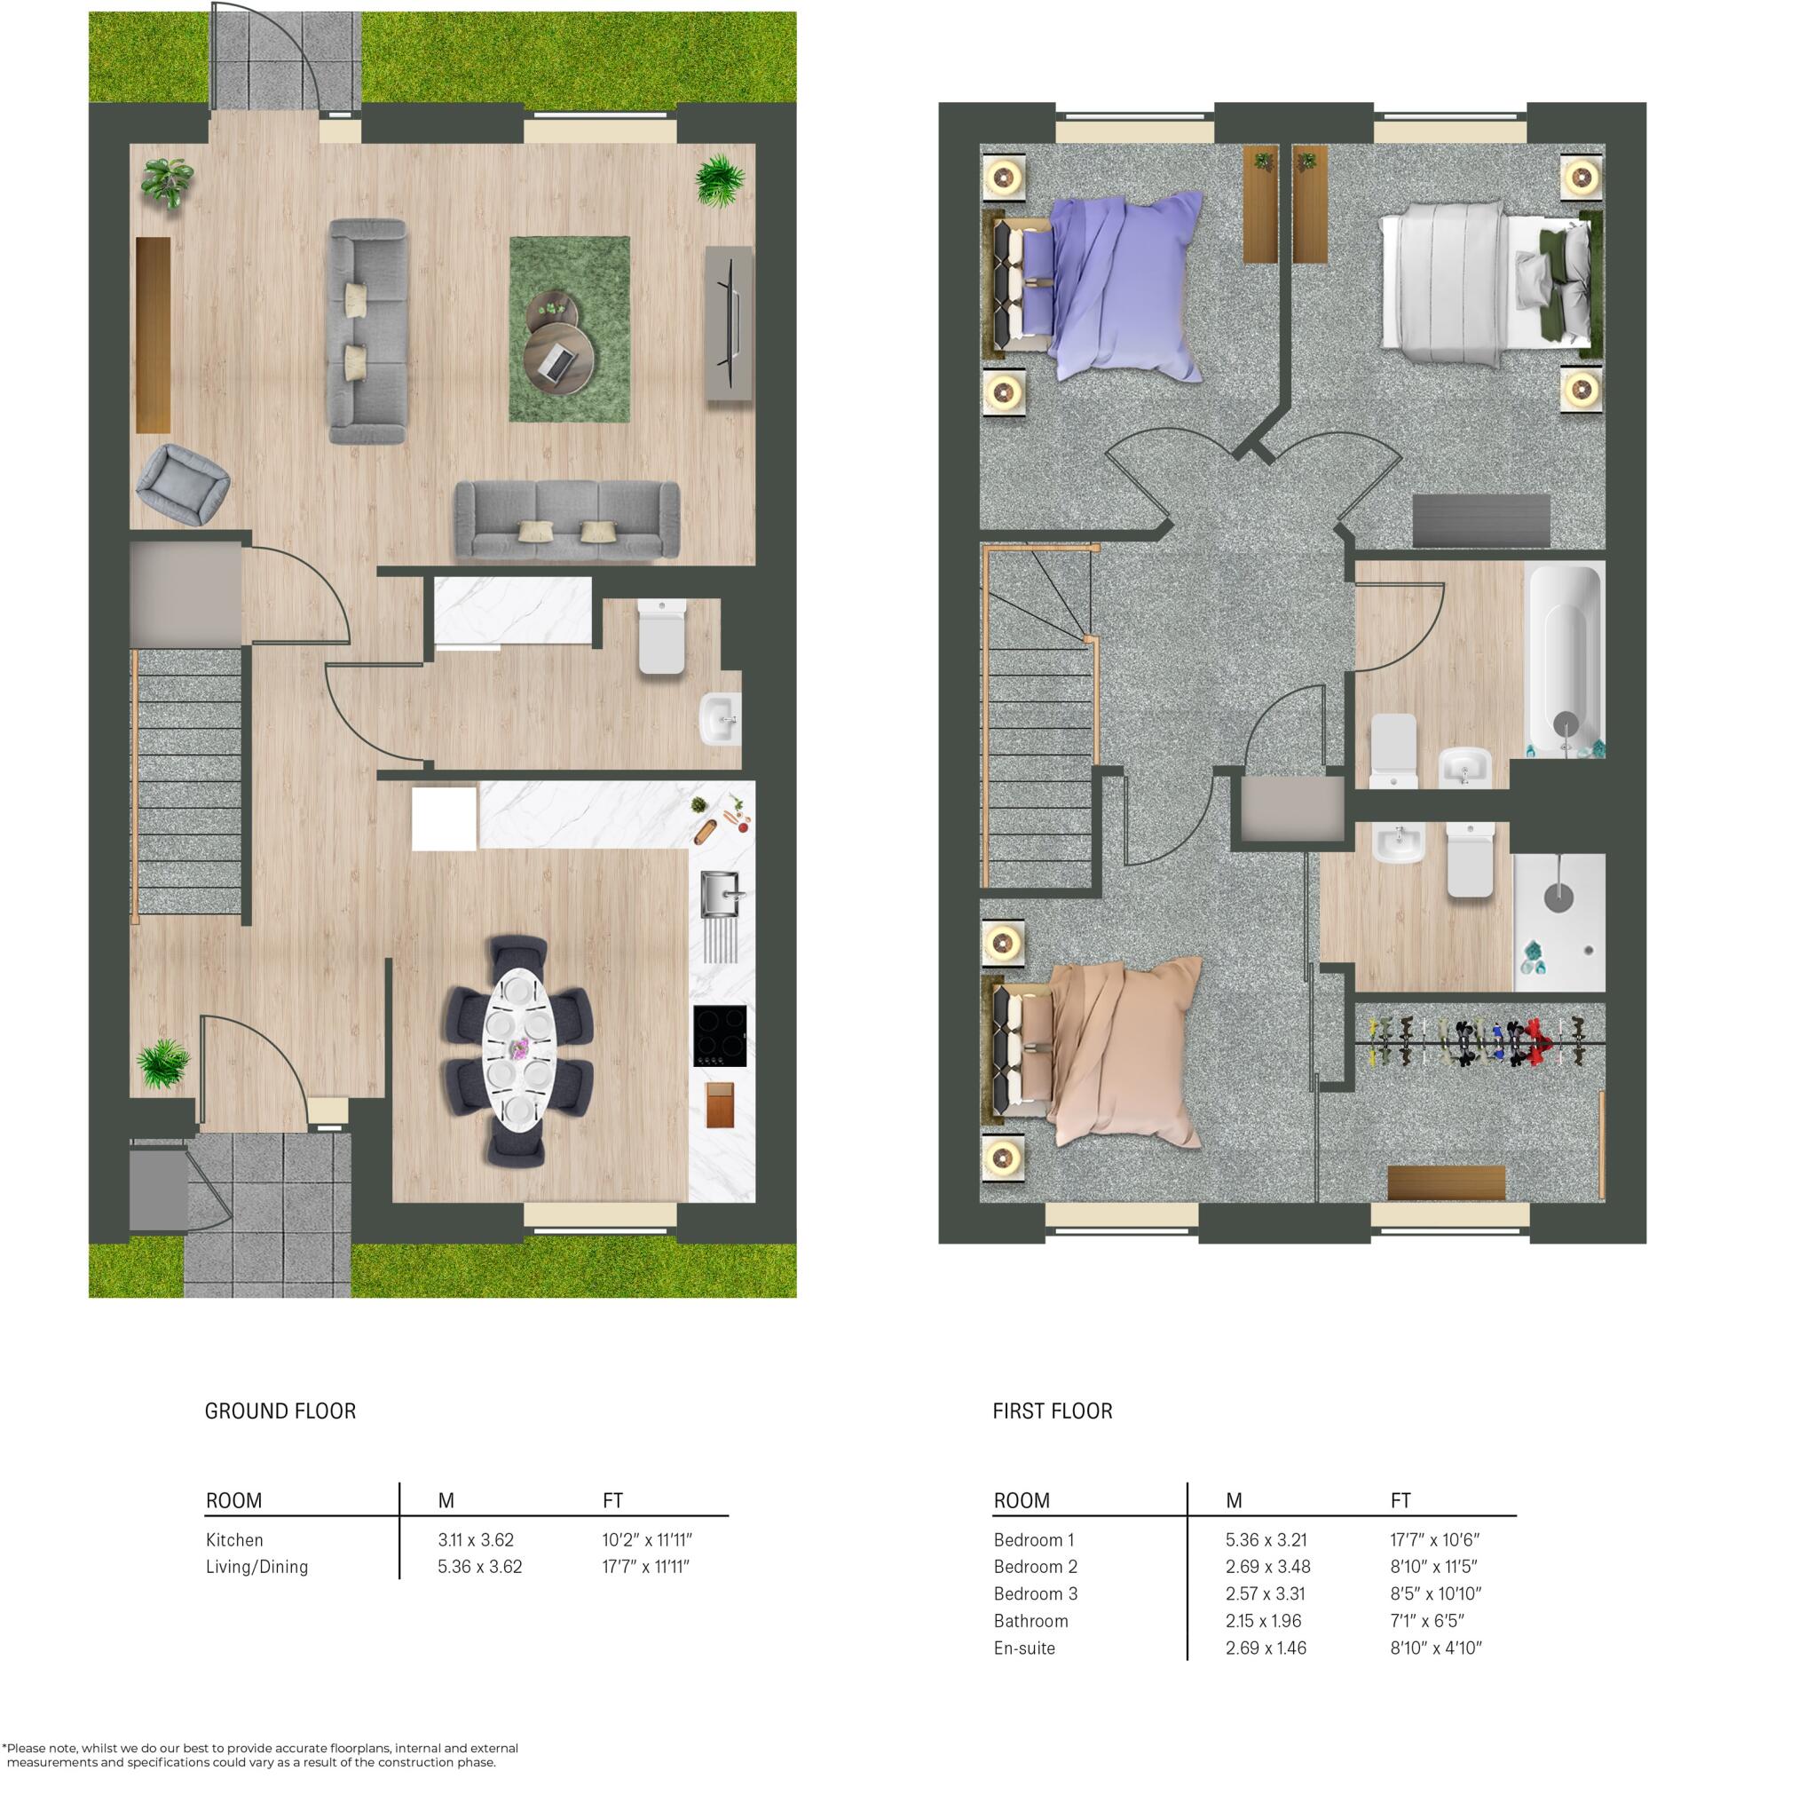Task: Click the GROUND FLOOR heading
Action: (280, 1411)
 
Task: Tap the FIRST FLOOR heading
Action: (1052, 1411)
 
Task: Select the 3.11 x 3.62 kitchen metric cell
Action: (476, 1540)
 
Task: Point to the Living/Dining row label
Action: (256, 1568)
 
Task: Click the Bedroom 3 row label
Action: (1036, 1594)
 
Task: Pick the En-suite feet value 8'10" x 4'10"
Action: (1437, 1648)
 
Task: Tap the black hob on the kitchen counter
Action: (721, 1036)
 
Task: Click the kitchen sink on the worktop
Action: (722, 893)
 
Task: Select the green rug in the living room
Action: (569, 329)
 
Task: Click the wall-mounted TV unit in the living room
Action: (730, 323)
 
